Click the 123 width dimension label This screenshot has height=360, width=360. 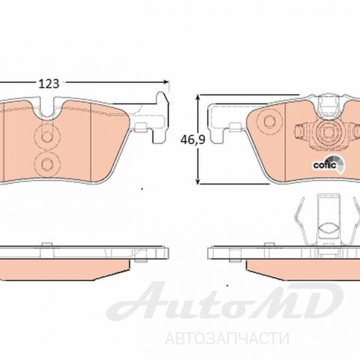pyautogui.click(x=49, y=84)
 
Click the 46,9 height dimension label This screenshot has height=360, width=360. pyautogui.click(x=193, y=140)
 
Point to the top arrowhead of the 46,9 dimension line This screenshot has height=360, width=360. pyautogui.click(x=198, y=98)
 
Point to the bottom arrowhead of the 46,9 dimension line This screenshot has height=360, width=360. pyautogui.click(x=198, y=181)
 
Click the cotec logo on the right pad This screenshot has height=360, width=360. pyautogui.click(x=329, y=164)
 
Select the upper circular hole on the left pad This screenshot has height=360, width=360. pyautogui.click(x=47, y=137)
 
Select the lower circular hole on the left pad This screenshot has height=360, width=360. pyautogui.click(x=47, y=164)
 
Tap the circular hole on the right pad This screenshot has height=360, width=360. pyautogui.click(x=269, y=121)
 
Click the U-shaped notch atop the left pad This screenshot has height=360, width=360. pyautogui.click(x=47, y=107)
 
